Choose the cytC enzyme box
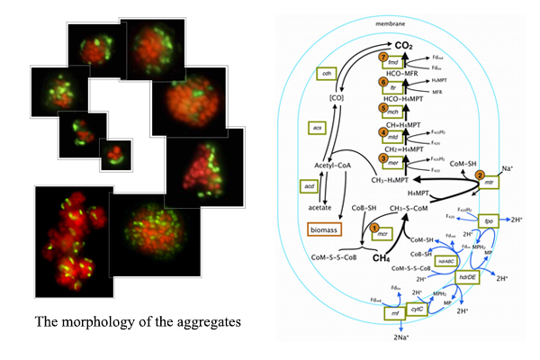[x=417, y=308]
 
